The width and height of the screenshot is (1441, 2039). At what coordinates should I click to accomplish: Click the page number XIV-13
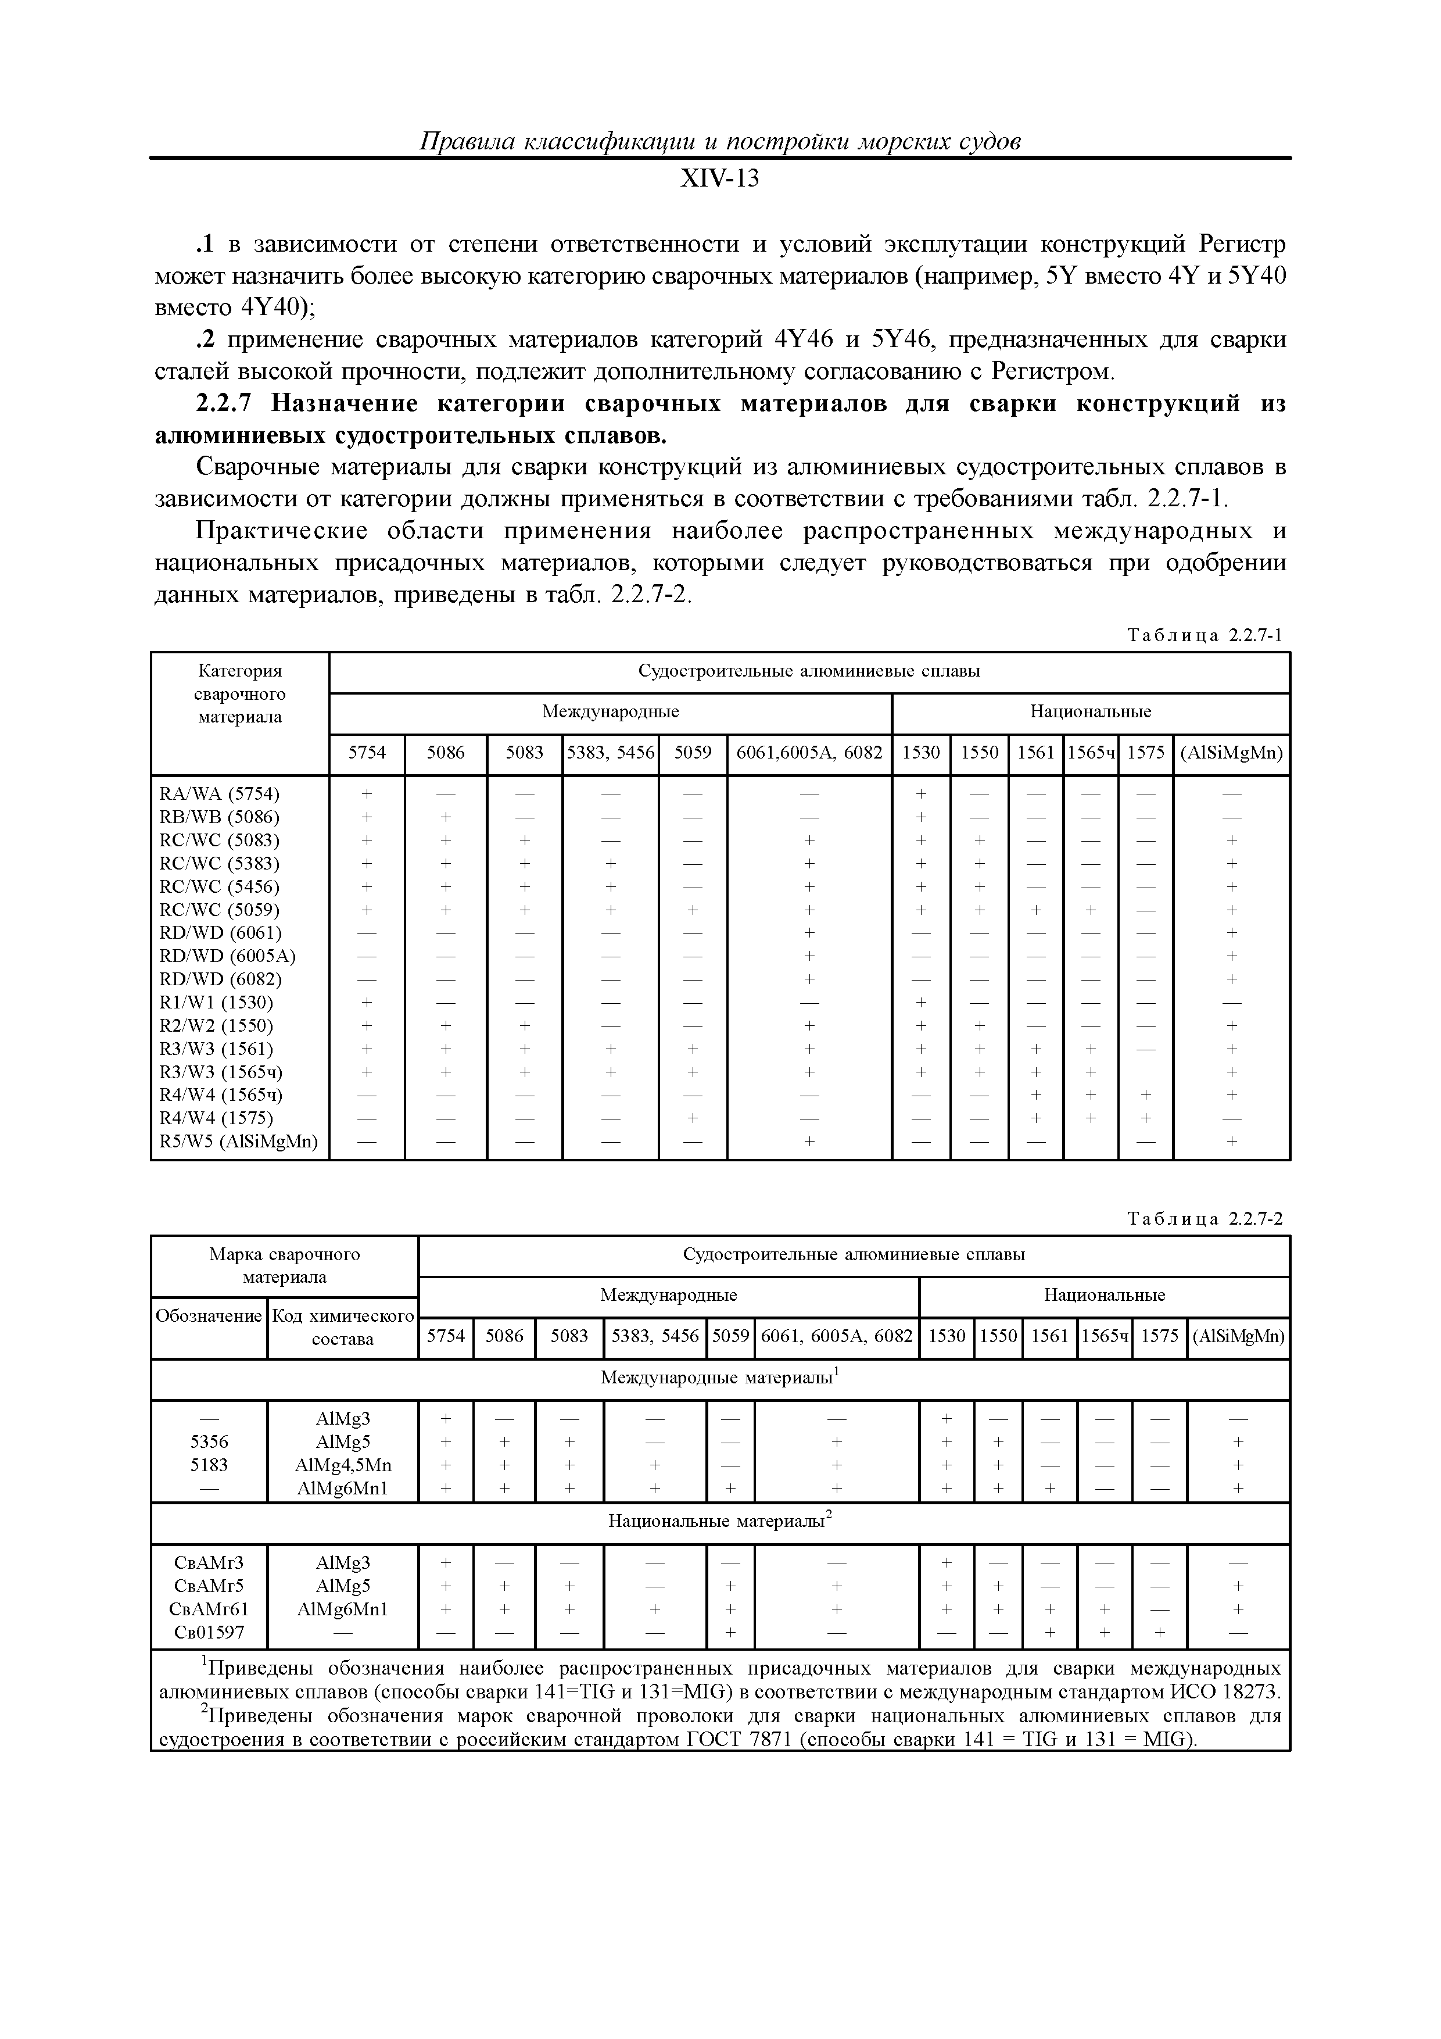pos(719,180)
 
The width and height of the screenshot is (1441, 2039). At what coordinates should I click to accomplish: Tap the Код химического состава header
pos(343,1328)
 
